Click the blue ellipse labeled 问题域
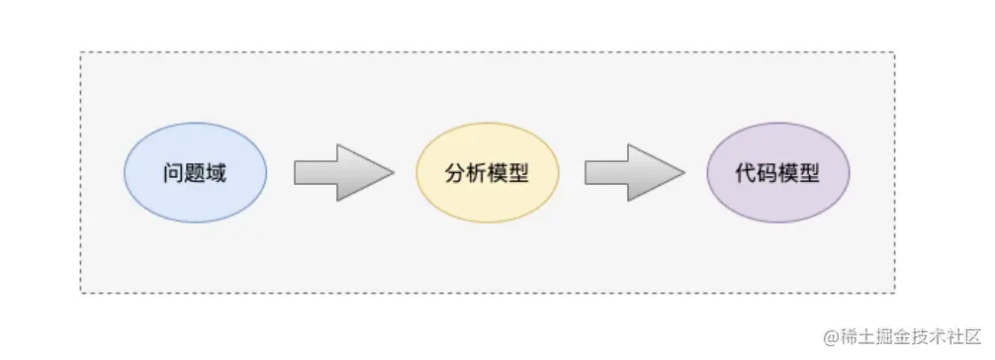[x=195, y=173]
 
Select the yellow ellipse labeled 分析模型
[x=487, y=173]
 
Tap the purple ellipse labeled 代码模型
[x=777, y=173]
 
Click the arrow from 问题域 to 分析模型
[x=342, y=173]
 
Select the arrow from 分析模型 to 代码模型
[x=633, y=173]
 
